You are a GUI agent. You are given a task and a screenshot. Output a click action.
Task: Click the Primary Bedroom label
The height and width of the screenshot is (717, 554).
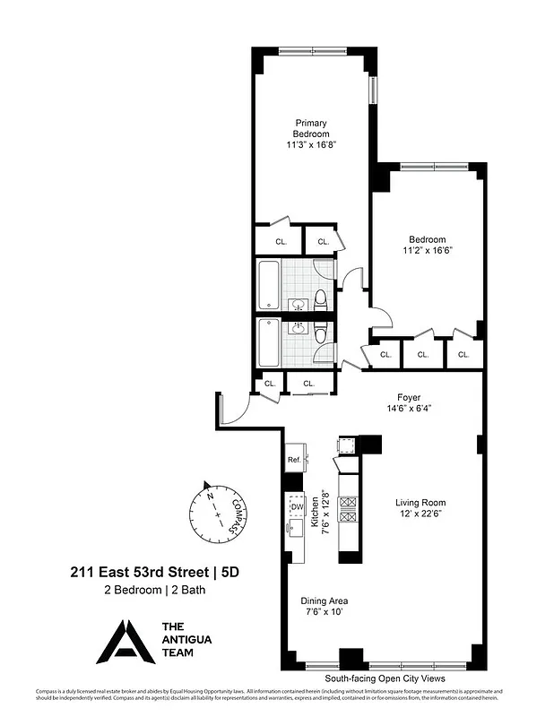point(311,128)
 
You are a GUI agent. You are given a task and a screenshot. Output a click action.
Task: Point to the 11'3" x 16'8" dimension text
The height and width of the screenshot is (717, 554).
point(311,144)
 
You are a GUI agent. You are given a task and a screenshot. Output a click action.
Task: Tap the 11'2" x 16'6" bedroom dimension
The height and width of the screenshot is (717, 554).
point(428,251)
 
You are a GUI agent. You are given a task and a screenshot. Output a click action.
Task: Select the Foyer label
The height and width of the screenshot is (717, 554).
point(409,397)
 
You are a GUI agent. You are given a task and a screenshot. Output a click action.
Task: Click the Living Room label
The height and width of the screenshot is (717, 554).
point(420,503)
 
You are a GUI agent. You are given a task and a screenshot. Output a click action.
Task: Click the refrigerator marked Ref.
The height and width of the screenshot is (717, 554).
point(293,460)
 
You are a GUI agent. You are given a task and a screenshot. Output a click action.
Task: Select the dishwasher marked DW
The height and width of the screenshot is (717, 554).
point(296,507)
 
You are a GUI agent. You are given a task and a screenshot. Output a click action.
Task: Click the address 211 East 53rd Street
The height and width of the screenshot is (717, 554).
point(140,572)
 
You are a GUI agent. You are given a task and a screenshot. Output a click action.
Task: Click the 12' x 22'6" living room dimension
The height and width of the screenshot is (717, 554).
point(420,514)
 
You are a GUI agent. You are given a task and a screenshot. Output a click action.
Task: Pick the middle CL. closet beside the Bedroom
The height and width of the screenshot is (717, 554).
point(423,355)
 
